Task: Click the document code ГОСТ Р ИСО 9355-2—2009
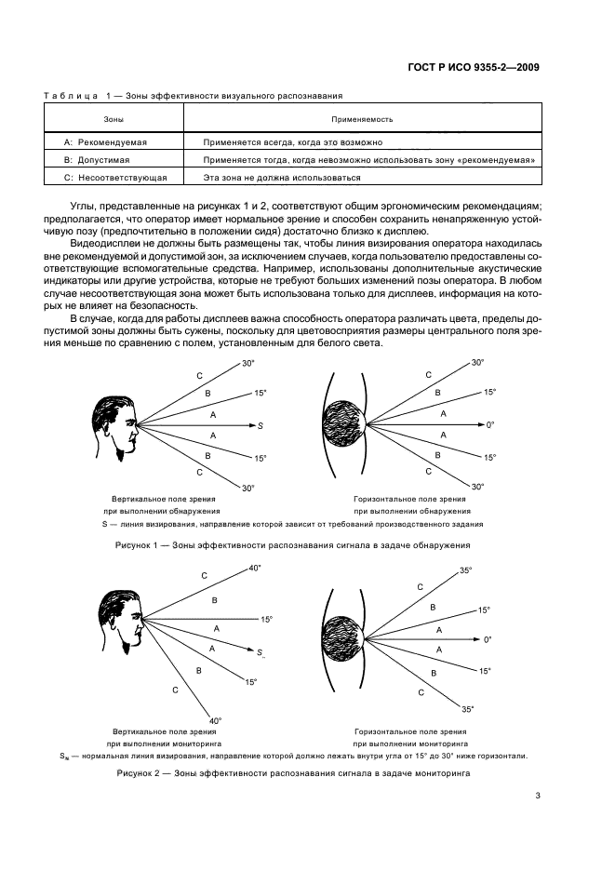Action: (475, 67)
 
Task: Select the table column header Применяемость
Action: (362, 119)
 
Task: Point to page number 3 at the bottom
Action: (538, 795)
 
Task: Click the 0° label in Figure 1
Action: (490, 425)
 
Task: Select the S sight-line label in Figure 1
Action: (261, 425)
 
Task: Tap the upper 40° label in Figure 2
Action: (255, 569)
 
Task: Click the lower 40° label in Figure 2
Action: (215, 720)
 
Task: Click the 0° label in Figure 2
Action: (488, 640)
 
